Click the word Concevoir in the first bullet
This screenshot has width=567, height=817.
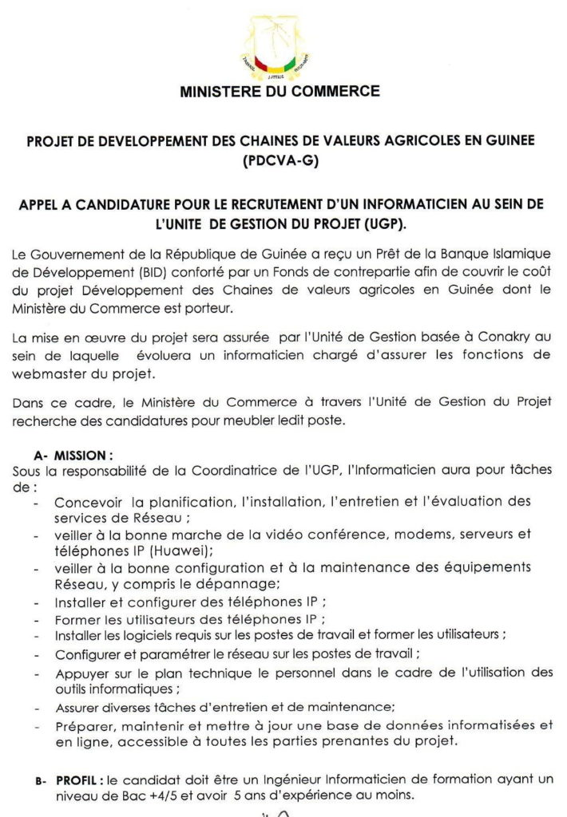tap(90, 502)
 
